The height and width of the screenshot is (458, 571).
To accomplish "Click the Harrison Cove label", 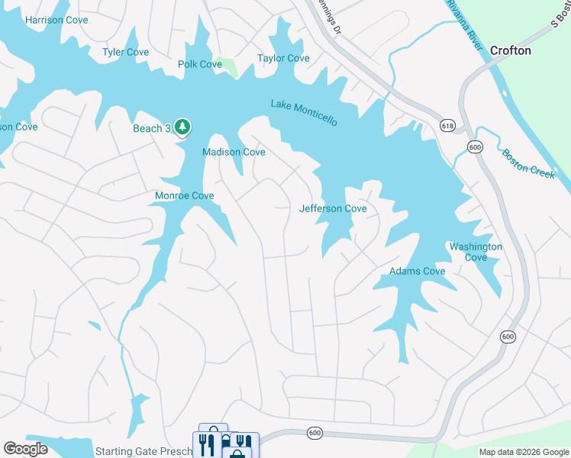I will [x=56, y=20].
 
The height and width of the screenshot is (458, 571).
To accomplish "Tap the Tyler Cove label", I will [x=126, y=52].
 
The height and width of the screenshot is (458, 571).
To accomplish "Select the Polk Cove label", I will [x=200, y=64].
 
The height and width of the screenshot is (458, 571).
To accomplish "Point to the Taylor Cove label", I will [x=283, y=58].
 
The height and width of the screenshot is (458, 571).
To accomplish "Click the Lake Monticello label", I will [x=304, y=114].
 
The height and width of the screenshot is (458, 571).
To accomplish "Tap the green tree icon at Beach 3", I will [x=182, y=127].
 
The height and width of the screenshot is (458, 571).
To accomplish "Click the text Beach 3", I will [x=151, y=128].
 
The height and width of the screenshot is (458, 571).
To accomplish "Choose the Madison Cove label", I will [x=234, y=152].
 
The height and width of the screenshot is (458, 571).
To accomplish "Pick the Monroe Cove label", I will [x=184, y=195].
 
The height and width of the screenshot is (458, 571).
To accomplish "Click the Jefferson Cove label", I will [x=333, y=208].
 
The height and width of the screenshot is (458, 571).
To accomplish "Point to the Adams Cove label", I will [x=417, y=271].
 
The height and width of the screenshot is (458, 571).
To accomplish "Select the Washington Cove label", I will [x=476, y=252].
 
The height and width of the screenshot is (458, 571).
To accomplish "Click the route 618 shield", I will [x=447, y=124].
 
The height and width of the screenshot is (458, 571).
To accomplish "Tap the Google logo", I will [x=26, y=448].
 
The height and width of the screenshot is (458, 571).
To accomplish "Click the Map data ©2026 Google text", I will [x=523, y=452].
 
